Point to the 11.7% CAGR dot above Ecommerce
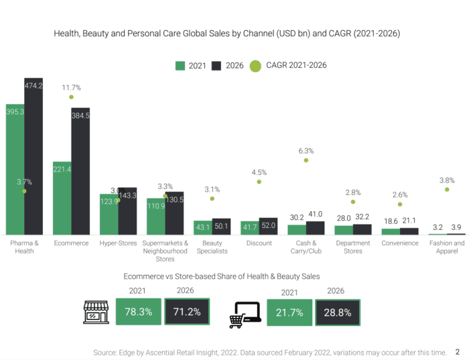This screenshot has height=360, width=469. (x=71, y=97)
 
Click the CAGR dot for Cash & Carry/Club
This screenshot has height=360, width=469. (x=306, y=160)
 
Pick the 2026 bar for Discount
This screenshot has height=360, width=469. (x=268, y=227)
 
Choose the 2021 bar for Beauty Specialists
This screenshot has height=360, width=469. (x=202, y=228)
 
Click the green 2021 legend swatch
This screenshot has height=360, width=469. (x=180, y=66)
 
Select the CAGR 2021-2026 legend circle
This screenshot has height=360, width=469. (x=255, y=66)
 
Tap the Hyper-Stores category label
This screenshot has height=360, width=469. (x=118, y=243)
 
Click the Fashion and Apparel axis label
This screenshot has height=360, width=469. (x=446, y=247)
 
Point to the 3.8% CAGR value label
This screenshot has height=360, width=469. (x=447, y=180)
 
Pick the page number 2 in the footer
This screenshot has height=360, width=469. (x=458, y=351)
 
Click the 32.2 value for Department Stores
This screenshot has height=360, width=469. (x=362, y=217)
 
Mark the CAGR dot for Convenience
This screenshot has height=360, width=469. (x=400, y=204)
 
